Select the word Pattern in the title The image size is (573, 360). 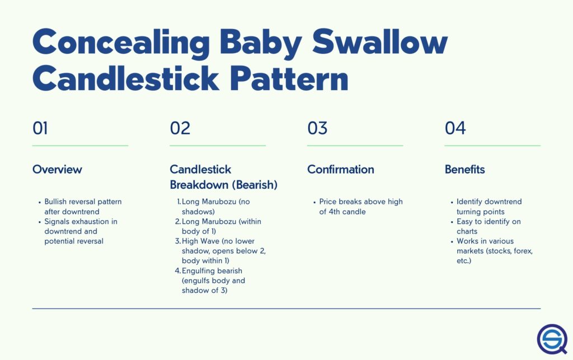(x=289, y=78)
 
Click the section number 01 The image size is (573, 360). (x=40, y=128)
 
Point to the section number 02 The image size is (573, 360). (x=180, y=128)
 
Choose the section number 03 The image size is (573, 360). (x=317, y=128)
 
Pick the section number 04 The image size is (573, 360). (x=455, y=128)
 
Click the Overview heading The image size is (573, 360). (x=57, y=169)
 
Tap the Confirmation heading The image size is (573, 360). (x=341, y=169)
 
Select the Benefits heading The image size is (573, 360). (x=464, y=169)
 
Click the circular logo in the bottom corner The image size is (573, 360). (x=552, y=339)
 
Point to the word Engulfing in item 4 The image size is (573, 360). (x=196, y=271)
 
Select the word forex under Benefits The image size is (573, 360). (x=523, y=251)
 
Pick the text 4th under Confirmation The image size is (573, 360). (x=335, y=212)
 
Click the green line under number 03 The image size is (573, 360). (x=355, y=146)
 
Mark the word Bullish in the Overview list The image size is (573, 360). (x=55, y=202)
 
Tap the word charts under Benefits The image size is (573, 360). (x=467, y=231)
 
